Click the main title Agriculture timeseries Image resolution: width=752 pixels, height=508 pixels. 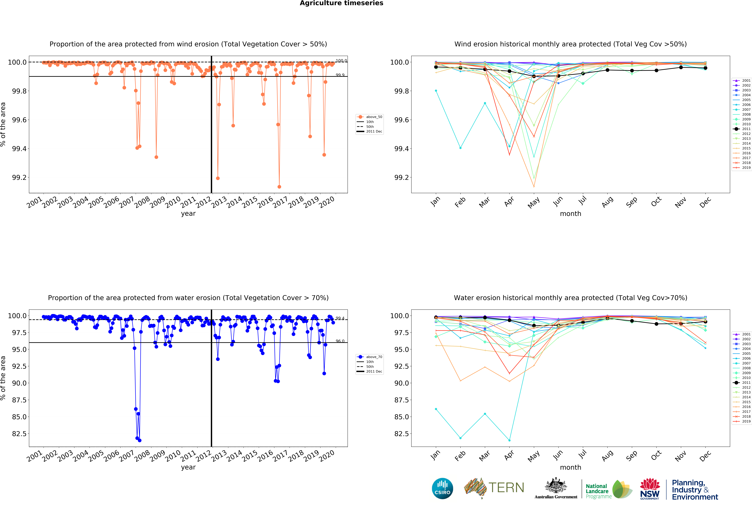tap(341, 3)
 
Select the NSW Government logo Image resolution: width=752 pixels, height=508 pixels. tap(650, 489)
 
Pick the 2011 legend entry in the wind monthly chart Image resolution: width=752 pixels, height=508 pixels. tap(742, 129)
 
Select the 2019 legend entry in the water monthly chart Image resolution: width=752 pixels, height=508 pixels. tap(742, 421)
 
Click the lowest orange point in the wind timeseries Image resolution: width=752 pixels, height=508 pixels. tap(279, 187)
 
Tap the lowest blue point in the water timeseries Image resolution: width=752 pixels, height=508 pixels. tap(139, 440)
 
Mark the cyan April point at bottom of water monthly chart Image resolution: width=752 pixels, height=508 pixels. tap(509, 440)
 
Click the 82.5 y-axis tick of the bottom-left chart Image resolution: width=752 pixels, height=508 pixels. tap(19, 434)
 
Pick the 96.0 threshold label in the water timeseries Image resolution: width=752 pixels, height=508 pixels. tap(340, 341)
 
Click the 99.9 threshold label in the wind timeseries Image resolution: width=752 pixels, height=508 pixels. tap(340, 75)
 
